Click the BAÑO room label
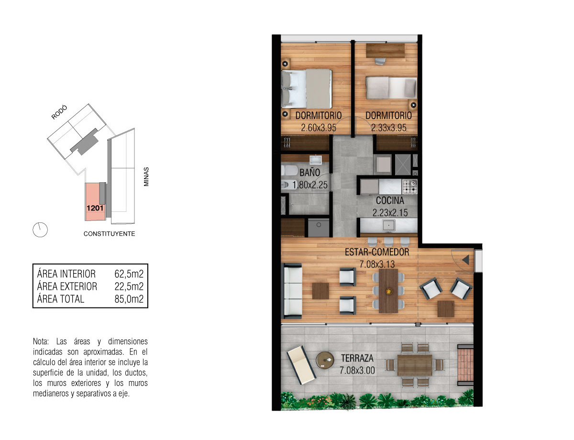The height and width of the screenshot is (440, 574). pos(309,173)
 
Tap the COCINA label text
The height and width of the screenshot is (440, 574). pos(390,201)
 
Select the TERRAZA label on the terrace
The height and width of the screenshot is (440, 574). pos(357,358)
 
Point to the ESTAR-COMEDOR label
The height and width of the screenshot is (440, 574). pos(377,252)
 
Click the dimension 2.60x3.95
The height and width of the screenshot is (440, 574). pos(319,128)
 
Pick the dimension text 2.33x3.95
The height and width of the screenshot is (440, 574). pos(388,128)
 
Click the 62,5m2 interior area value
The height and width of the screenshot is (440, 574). pos(129,274)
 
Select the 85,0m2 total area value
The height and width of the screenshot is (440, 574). pos(129,299)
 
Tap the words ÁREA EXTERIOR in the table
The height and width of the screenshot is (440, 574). pos(67,286)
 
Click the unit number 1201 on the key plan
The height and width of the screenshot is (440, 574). pos(95,208)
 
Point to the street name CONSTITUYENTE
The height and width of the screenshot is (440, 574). pos(109,234)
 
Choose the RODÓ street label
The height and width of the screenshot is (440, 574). pos(59,112)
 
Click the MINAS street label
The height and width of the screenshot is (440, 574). pos(146,176)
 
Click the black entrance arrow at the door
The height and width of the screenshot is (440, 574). pos(465,260)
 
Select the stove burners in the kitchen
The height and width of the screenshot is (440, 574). pos(409,186)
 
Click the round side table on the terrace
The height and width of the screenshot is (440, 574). pos(325,360)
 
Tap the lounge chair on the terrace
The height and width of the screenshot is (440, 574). pos(301,365)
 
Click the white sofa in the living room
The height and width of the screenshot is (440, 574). pos(293,291)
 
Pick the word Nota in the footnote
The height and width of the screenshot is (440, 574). pos(41,341)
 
